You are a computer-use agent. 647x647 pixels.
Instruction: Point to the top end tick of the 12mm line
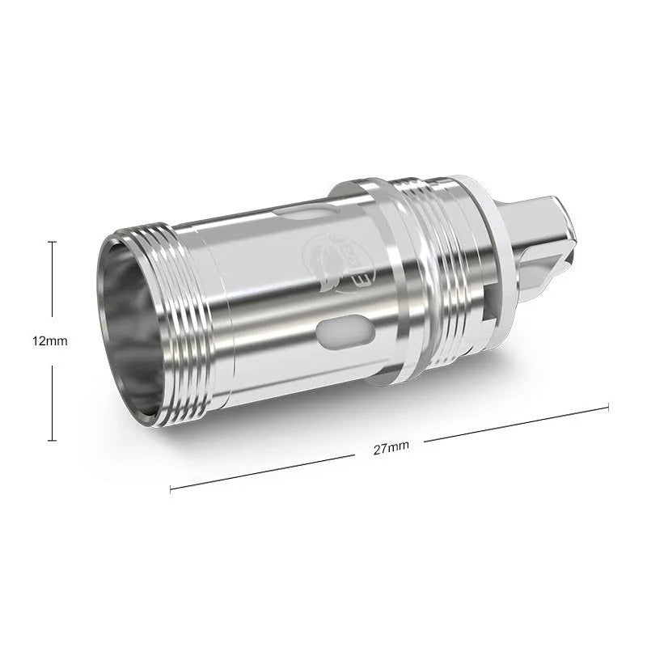(x=53, y=242)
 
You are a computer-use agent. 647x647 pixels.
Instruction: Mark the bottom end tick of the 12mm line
(x=53, y=440)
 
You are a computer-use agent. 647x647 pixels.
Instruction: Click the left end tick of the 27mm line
(x=171, y=489)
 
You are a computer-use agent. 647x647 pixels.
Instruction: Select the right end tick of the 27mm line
(x=607, y=406)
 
